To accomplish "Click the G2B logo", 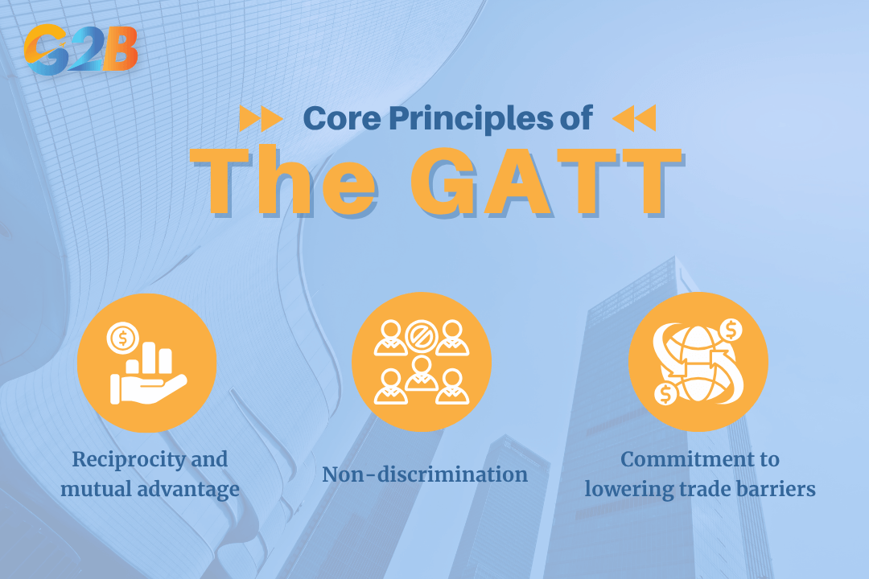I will (80, 48).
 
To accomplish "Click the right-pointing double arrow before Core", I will (261, 119).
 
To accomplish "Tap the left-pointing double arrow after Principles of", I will (634, 118).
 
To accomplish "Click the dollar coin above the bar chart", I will (123, 339).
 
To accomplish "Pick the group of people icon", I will (422, 363).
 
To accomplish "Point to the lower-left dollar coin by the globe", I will (666, 394).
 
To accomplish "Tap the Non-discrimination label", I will (425, 474).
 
